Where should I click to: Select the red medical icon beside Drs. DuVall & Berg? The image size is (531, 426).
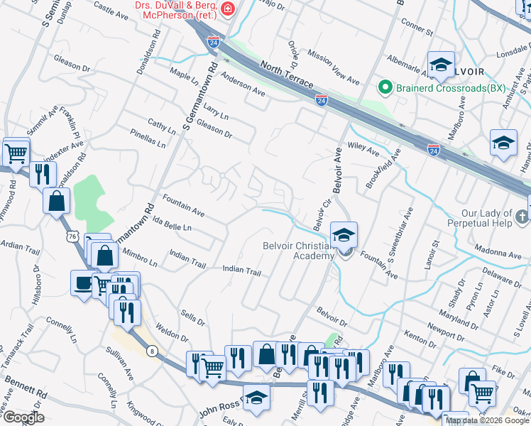tap(228, 9)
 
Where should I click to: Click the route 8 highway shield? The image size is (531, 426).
tap(152, 350)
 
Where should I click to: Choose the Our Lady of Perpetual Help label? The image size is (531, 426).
tap(486, 219)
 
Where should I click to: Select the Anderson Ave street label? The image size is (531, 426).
tap(243, 84)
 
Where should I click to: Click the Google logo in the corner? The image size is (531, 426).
tap(23, 417)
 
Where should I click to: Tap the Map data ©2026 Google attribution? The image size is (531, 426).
tap(487, 420)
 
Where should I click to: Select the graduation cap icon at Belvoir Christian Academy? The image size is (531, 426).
tap(344, 236)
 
